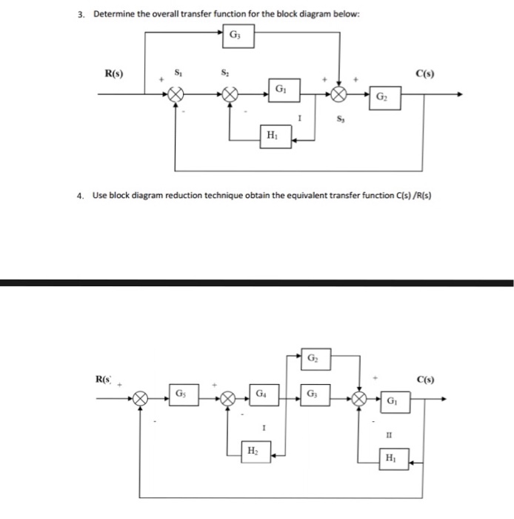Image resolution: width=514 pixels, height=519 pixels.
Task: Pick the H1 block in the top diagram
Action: coord(272,136)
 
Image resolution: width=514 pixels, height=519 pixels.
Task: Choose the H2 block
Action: coord(253,449)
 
